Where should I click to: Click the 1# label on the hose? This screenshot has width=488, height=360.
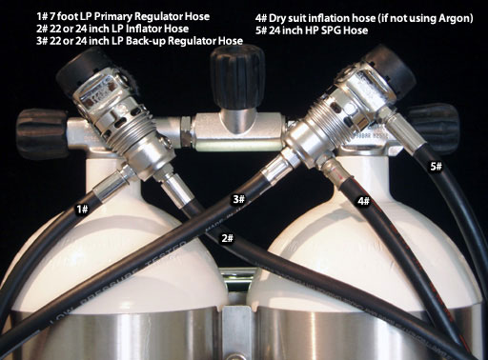click(82, 210)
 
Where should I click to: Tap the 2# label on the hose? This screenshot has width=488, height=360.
click(228, 238)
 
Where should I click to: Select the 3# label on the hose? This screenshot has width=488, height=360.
click(239, 199)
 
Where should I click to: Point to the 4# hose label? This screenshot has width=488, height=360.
click(364, 201)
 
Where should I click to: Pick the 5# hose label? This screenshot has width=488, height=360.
click(437, 166)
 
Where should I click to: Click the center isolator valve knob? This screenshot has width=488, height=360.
click(236, 76)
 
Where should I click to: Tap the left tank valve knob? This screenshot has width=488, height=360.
click(42, 134)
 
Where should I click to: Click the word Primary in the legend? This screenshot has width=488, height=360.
click(114, 16)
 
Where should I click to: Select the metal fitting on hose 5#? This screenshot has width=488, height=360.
click(402, 131)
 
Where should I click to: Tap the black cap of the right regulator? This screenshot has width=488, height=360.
click(392, 72)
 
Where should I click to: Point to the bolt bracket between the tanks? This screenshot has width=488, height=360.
click(239, 316)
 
